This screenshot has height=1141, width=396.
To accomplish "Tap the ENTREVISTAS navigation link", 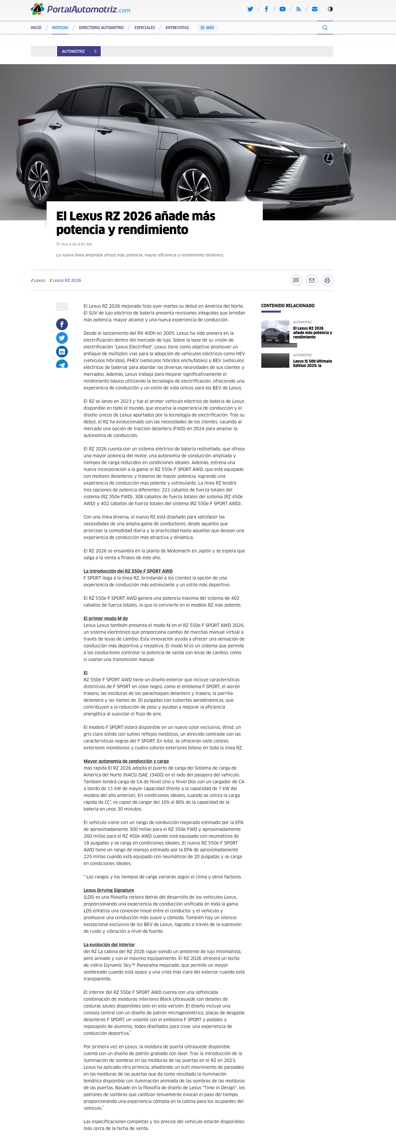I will point(177,28).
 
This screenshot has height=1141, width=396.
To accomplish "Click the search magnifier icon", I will point(325,28).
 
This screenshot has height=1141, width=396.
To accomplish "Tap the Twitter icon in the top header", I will point(250,9).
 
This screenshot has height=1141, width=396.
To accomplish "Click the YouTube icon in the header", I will point(282,9).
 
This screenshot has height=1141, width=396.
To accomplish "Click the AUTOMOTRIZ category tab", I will point(73,51).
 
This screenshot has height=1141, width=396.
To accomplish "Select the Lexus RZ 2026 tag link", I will point(66,280).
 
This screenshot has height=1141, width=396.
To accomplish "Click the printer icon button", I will point(327,280).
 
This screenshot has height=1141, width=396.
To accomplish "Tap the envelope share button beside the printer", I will point(312,280).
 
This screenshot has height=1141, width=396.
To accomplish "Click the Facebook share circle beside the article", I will point(62,324).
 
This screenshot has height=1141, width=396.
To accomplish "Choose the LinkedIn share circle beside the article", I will point(62,352).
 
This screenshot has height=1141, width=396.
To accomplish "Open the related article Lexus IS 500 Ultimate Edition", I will point(312,363).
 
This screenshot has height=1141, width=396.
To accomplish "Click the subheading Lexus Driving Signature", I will point(109,890).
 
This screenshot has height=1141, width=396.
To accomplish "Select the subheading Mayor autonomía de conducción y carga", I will point(126,761).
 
